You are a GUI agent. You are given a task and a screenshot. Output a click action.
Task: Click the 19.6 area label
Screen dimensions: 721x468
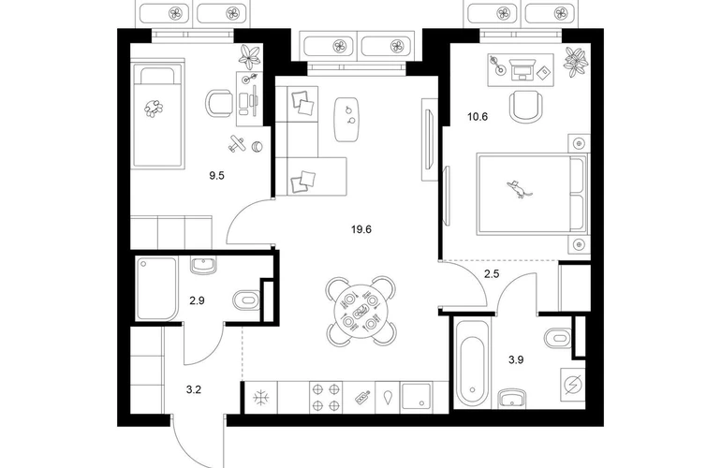[360, 229]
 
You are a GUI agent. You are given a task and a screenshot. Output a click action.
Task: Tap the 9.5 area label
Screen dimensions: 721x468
[216, 175]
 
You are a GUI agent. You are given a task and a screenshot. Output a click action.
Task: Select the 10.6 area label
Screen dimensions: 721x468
[478, 117]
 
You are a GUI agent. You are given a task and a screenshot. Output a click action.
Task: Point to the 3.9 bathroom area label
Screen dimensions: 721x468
[516, 360]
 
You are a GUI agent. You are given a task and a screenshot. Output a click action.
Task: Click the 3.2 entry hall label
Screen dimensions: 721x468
[194, 390]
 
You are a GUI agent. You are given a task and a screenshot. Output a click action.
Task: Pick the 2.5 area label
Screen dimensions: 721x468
[492, 274]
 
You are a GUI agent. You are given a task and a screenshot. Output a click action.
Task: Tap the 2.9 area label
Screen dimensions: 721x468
[197, 301]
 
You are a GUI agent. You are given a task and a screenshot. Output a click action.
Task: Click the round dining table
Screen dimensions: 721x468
[360, 312]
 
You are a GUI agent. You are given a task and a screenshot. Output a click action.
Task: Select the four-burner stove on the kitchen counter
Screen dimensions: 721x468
[326, 397]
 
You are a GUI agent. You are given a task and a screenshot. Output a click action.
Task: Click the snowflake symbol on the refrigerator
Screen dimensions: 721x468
[260, 397]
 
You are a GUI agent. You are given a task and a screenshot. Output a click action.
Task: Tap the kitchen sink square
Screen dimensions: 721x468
[416, 397]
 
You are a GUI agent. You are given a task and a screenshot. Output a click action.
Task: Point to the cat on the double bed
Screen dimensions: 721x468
[519, 188]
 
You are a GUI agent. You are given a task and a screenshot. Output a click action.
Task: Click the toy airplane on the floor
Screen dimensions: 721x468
[237, 143]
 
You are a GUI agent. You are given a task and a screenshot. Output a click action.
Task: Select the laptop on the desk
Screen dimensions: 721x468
[522, 69]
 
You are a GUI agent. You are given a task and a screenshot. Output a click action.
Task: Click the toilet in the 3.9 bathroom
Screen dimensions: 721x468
[557, 338]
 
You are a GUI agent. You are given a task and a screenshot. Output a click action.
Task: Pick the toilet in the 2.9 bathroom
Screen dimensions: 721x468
[246, 300]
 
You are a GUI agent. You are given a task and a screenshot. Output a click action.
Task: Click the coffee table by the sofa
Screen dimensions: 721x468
[347, 120]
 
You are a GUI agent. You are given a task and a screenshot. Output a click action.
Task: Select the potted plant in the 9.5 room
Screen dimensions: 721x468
[250, 56]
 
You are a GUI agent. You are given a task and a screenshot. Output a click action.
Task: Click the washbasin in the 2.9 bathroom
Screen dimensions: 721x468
[203, 265]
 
